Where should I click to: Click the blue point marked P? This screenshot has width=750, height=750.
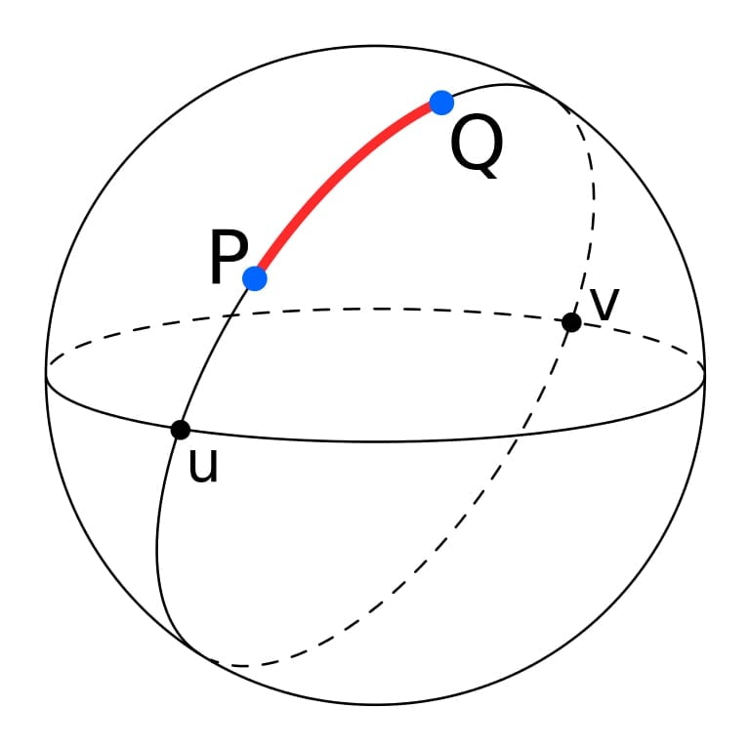[x=255, y=278]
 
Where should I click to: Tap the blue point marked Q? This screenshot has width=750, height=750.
[x=441, y=103]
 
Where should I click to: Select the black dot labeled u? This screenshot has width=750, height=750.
[x=181, y=430]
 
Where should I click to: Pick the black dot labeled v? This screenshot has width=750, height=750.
[x=571, y=322]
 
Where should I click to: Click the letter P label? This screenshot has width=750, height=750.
[x=229, y=257]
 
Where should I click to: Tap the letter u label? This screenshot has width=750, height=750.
[x=203, y=465]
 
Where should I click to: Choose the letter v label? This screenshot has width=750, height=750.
[x=605, y=305]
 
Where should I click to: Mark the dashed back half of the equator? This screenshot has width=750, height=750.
[x=375, y=309]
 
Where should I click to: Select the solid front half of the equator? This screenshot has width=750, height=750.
[x=375, y=441]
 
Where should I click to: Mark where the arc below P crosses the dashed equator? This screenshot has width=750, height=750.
[x=232, y=314]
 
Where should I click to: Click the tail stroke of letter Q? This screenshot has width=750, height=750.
[x=489, y=171]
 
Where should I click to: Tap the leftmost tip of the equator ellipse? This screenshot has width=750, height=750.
[x=47, y=374]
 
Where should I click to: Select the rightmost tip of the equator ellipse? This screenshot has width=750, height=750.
[x=704, y=374]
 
